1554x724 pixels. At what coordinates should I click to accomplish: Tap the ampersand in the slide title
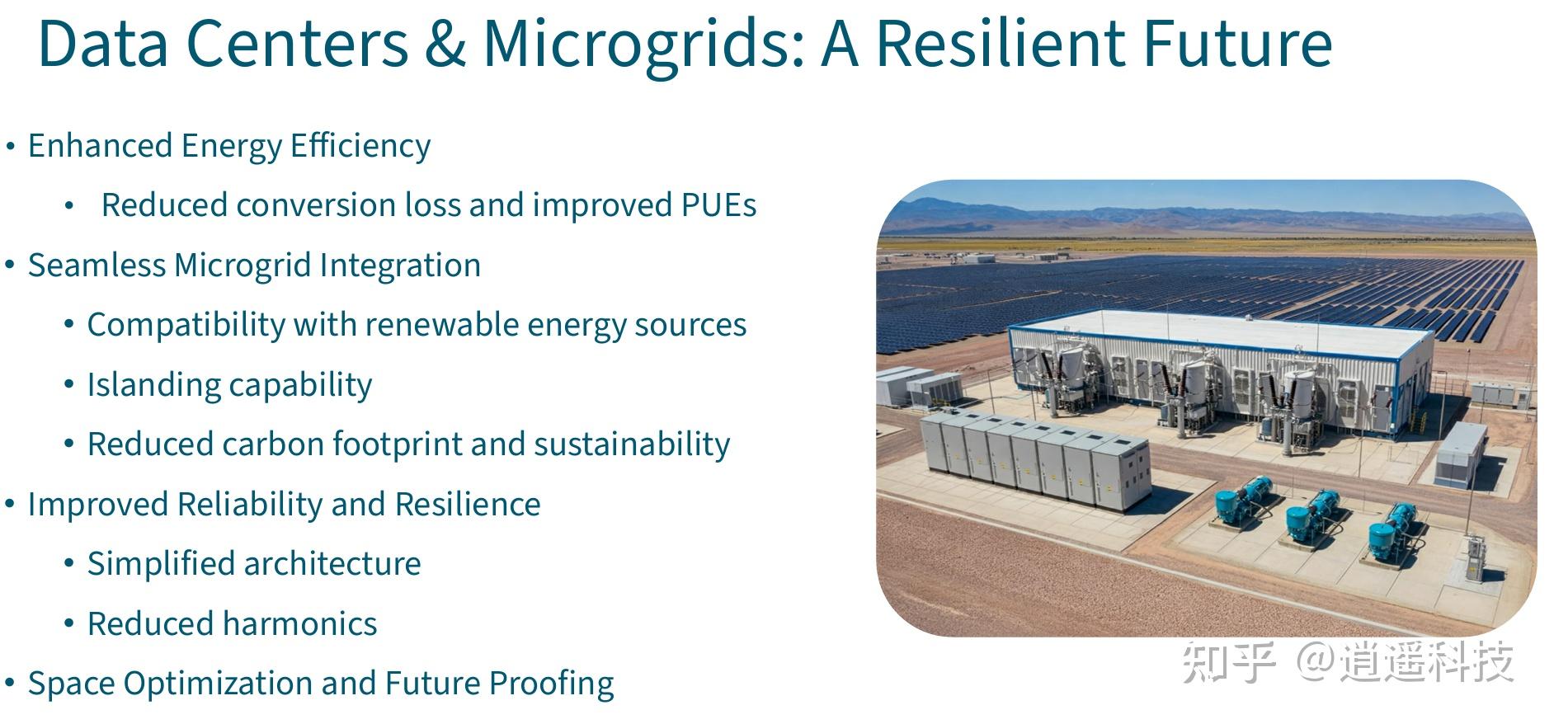click(x=445, y=44)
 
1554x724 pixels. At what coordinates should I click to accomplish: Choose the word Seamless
click(x=97, y=266)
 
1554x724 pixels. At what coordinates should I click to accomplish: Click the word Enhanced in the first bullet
click(x=100, y=146)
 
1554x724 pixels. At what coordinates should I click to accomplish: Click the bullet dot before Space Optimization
click(x=10, y=684)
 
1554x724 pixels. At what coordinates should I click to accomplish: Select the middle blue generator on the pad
click(x=1313, y=515)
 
